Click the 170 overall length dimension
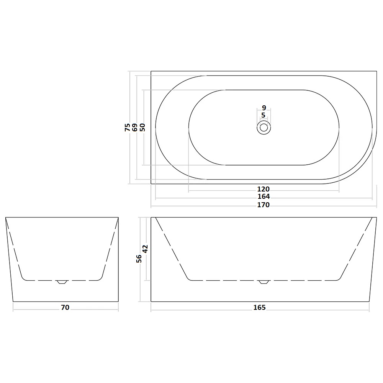[x=264, y=205]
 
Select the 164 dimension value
[x=264, y=196]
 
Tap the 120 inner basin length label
[x=264, y=189]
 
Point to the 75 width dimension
[x=128, y=127]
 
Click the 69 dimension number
[x=135, y=127]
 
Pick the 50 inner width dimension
[x=142, y=127]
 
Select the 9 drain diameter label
[x=264, y=108]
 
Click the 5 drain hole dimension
[x=264, y=115]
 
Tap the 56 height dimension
[x=139, y=259]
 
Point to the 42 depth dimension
[x=145, y=249]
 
